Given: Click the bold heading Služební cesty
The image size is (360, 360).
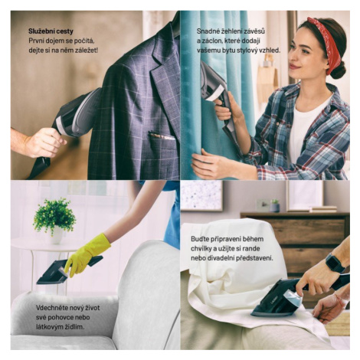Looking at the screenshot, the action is [51, 31].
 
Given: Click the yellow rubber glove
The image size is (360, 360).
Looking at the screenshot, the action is [87, 254].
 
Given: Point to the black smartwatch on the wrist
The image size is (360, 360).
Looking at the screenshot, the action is [335, 263].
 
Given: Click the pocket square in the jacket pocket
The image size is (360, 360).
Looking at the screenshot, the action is [162, 136].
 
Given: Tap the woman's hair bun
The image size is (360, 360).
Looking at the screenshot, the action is [339, 70].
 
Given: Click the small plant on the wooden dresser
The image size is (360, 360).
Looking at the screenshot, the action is [275, 205].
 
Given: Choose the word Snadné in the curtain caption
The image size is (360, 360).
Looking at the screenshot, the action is [208, 31].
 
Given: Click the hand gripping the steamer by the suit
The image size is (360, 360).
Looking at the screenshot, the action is [44, 142].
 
